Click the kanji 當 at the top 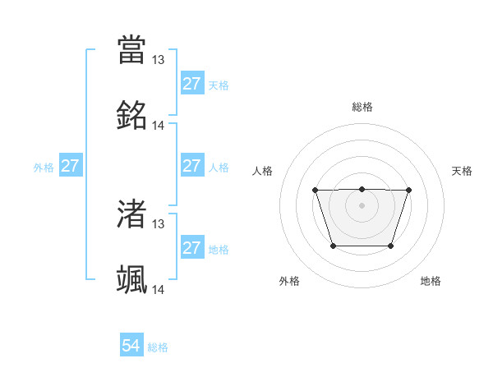click(x=132, y=49)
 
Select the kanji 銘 click(x=132, y=116)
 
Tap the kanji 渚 click(x=132, y=214)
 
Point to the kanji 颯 click(x=132, y=280)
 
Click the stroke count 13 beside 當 click(x=159, y=59)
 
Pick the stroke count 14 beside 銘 click(x=159, y=126)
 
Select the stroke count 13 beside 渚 click(x=159, y=223)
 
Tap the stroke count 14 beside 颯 click(x=159, y=290)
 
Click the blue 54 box click(x=131, y=347)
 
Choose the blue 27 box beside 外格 click(x=71, y=166)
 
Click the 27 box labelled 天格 click(x=191, y=84)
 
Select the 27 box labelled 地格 click(x=191, y=248)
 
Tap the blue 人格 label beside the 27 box click(x=219, y=167)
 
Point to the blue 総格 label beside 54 click(x=158, y=347)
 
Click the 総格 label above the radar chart click(x=362, y=107)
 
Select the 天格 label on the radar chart click(x=463, y=171)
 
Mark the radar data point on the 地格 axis click(x=391, y=246)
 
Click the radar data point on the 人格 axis click(x=316, y=191)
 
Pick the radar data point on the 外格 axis click(x=333, y=246)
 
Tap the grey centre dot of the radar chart click(x=362, y=204)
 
